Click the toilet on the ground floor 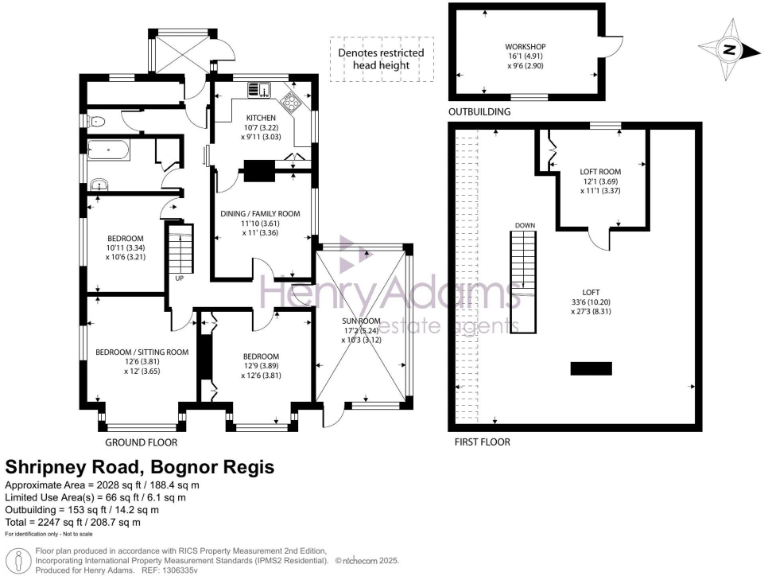[97, 121]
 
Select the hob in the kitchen [293, 103]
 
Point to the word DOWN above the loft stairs [525, 226]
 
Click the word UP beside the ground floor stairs [179, 278]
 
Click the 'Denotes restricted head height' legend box [380, 60]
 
